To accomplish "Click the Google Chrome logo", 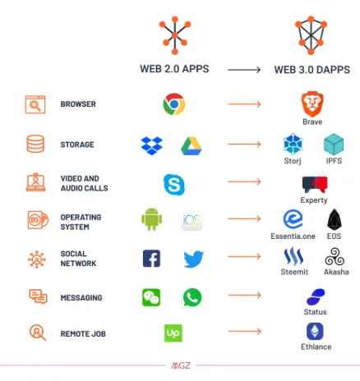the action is click(174, 104).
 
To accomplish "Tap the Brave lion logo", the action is click(312, 104).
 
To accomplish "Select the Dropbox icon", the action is click(152, 145).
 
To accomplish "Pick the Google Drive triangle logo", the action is click(192, 146).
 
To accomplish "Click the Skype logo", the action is click(174, 185).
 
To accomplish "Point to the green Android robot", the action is click(152, 219).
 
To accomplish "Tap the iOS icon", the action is click(192, 221).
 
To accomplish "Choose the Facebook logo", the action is click(151, 259).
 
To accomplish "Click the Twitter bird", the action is click(193, 259).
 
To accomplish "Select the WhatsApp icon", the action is click(192, 298).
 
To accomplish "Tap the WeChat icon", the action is click(151, 297).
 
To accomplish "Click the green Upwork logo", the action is click(173, 333).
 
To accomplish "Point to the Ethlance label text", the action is click(316, 347).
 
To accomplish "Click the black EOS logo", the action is click(335, 219).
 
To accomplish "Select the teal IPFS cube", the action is click(334, 144).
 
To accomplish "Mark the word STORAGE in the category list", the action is click(77, 145).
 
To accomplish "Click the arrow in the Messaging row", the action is click(245, 295).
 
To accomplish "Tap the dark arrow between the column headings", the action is click(244, 70).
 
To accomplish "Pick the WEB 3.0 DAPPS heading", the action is click(312, 70).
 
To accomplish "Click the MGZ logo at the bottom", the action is click(181, 365).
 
